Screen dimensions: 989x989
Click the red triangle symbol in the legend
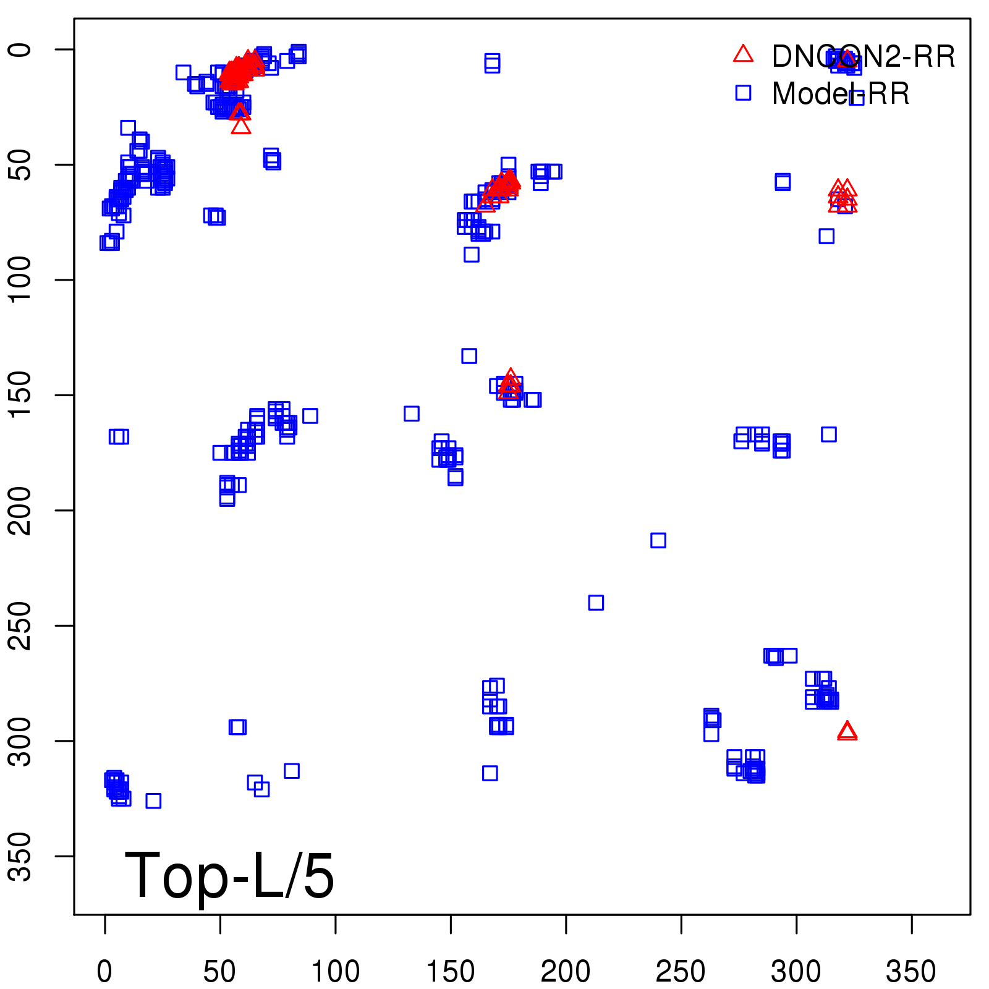coord(743,54)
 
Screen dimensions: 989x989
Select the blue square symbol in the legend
coord(743,93)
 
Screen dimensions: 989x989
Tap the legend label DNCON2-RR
coord(863,57)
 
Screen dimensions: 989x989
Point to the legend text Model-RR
coord(841,94)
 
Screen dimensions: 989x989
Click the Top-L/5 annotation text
coord(229,875)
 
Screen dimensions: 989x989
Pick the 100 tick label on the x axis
coord(335,972)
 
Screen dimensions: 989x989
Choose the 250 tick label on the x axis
coord(681,972)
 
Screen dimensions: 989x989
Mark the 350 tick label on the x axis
coord(911,972)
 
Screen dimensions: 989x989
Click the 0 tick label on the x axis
coord(105,972)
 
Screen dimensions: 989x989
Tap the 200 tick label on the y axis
coord(20,511)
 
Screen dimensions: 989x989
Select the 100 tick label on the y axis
coord(20,280)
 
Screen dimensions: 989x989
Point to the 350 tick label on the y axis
coord(20,856)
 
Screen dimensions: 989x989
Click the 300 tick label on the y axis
coord(20,741)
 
